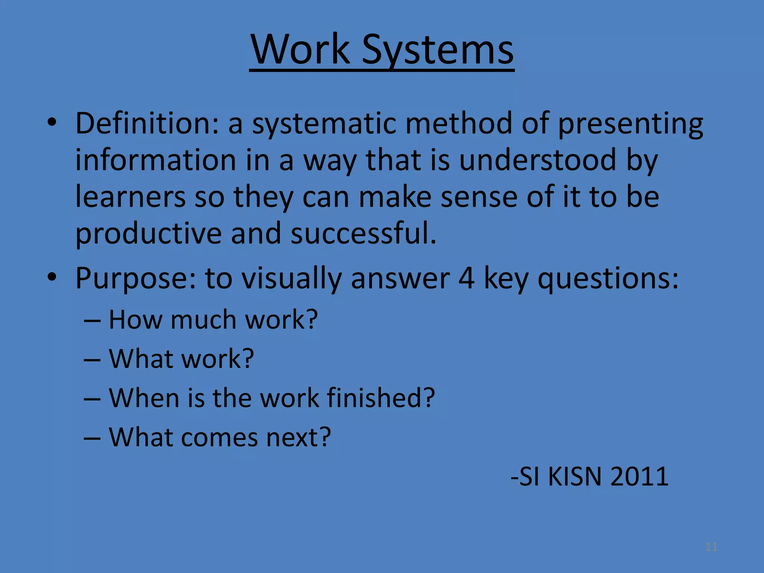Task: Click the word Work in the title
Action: [300, 49]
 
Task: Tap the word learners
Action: [130, 197]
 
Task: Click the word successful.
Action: [363, 233]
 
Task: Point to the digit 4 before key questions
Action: [466, 278]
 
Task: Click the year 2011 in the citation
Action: [639, 477]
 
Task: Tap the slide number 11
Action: [711, 547]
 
